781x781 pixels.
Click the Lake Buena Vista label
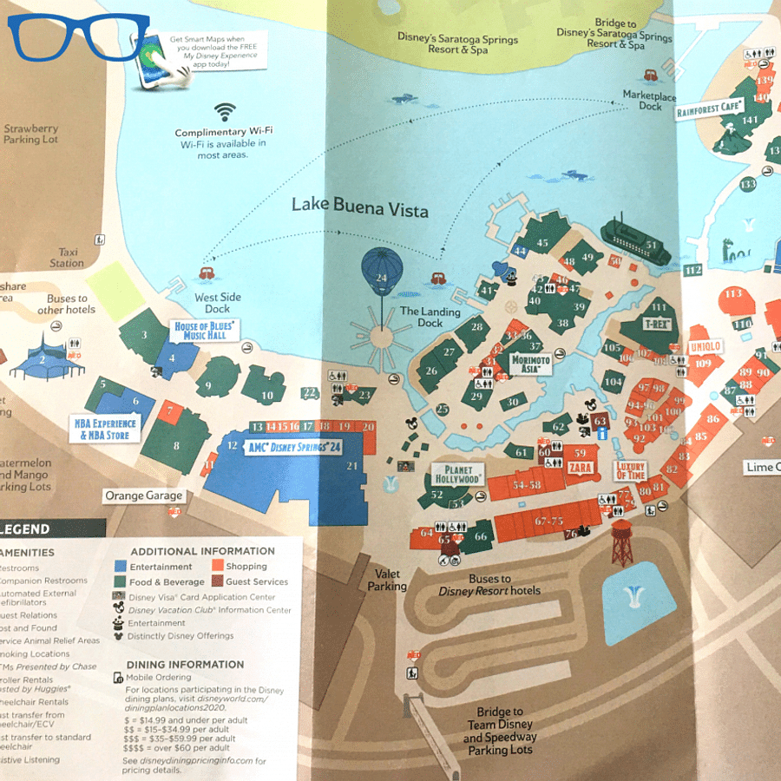359,206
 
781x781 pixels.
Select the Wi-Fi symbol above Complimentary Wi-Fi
225,111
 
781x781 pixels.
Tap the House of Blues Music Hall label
207,331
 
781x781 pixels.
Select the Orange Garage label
144,496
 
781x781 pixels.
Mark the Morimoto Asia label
531,364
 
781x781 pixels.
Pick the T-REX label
657,324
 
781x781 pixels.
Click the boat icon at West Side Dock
207,273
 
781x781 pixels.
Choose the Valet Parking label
387,580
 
